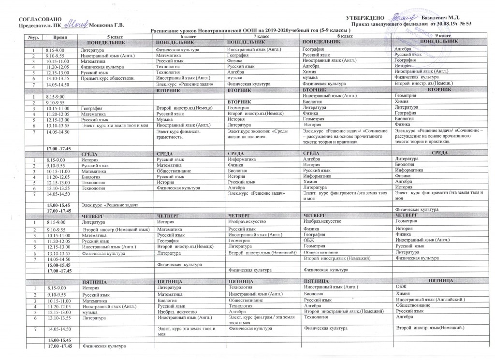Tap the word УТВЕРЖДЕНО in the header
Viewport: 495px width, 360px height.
[x=368, y=18]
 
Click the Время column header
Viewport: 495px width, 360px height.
[x=60, y=37]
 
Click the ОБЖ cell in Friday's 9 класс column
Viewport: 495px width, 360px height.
[x=401, y=287]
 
